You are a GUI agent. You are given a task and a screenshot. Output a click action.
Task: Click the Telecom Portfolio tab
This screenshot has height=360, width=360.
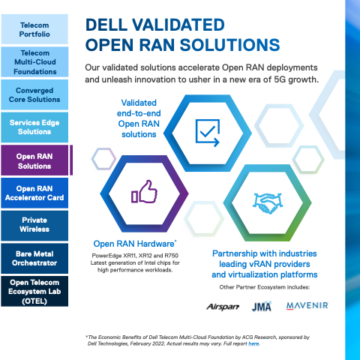tap(34, 29)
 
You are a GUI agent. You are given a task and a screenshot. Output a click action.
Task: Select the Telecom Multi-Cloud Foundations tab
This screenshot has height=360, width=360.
tap(34, 62)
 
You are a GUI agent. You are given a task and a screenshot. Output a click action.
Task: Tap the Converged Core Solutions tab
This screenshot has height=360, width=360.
tap(34, 94)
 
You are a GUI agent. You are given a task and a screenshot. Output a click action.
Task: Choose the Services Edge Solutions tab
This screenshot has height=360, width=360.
tap(34, 127)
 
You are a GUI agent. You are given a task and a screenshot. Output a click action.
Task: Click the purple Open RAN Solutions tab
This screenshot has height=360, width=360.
tap(34, 160)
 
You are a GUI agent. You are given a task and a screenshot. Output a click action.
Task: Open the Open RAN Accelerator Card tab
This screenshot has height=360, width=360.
tap(34, 193)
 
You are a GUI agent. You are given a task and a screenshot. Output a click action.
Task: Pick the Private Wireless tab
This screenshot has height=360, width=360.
tap(34, 226)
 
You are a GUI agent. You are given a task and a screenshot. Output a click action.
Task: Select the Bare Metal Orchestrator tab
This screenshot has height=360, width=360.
tap(34, 259)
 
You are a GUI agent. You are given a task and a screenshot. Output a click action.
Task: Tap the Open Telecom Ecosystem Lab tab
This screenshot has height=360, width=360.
tap(34, 291)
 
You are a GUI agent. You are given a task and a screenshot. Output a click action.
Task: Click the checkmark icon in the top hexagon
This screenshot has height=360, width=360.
tap(208, 133)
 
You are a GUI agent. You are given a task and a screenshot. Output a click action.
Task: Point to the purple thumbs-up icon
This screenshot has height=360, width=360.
tap(145, 192)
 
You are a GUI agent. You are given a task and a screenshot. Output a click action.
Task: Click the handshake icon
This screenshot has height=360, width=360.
tap(267, 203)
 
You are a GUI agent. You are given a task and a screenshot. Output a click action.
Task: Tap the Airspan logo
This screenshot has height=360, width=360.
tap(223, 307)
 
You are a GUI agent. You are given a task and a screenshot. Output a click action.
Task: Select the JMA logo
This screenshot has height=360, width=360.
tap(262, 306)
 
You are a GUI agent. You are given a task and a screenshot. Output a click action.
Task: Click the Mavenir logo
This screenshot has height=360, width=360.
tap(307, 306)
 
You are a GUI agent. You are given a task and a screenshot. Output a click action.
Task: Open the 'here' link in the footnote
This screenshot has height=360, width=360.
tap(253, 343)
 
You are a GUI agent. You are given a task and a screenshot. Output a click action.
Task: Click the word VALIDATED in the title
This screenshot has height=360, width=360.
tap(178, 25)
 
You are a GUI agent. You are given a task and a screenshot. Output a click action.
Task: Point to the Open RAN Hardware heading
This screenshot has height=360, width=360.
tap(135, 244)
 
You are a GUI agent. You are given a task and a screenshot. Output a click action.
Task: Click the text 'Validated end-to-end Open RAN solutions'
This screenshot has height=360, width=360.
tap(139, 118)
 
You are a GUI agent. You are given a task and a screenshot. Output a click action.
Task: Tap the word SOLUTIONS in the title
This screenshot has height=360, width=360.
tap(229, 45)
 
